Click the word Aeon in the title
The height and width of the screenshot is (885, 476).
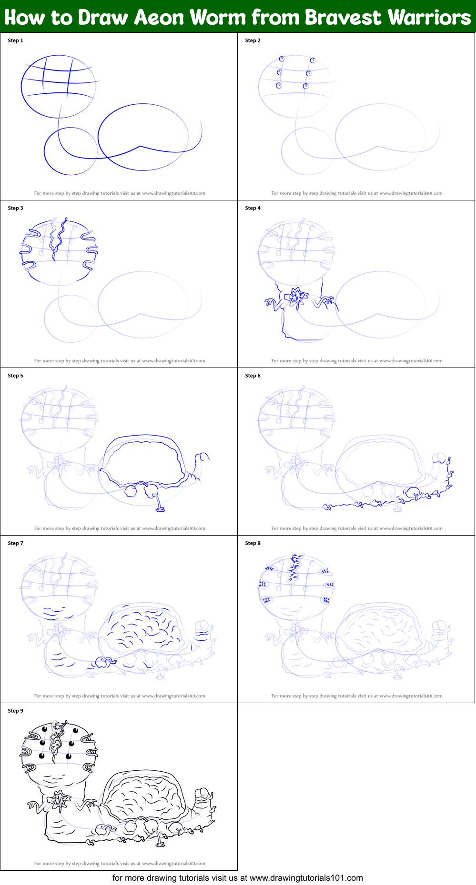point(159,18)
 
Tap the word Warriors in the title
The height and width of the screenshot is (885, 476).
point(429,18)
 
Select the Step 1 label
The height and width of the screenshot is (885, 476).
point(15,40)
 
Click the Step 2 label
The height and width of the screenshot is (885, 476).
point(253,40)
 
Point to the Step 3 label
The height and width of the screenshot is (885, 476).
point(15,208)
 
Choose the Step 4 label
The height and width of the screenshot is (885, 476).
point(253,208)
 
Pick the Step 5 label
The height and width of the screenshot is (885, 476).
point(15,376)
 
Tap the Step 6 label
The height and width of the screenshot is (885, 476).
point(253,376)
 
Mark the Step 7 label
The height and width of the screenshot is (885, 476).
point(15,543)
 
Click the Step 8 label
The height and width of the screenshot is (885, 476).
point(253,543)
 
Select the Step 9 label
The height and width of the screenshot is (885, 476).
point(15,711)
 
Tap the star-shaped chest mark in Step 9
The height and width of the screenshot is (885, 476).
point(60,800)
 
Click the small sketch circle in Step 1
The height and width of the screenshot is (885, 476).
point(71,151)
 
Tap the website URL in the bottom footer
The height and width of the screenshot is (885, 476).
point(306,878)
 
